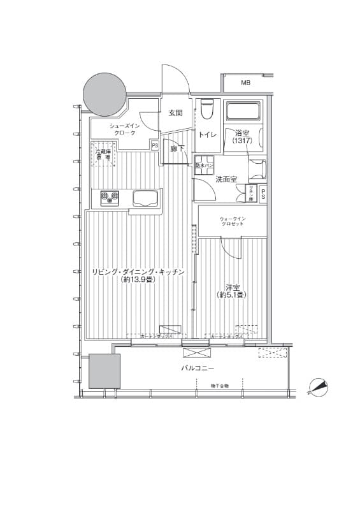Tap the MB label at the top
pyautogui.click(x=245, y=83)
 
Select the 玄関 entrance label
pyautogui.click(x=175, y=113)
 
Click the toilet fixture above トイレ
pyautogui.click(x=206, y=110)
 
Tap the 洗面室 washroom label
pyautogui.click(x=226, y=179)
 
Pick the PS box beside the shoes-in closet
pyautogui.click(x=155, y=145)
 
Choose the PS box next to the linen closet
pyautogui.click(x=263, y=194)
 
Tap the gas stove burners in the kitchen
pyautogui.click(x=108, y=198)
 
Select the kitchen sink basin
pyautogui.click(x=147, y=199)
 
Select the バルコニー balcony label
pyautogui.click(x=198, y=369)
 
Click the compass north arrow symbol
pyautogui.click(x=319, y=386)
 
